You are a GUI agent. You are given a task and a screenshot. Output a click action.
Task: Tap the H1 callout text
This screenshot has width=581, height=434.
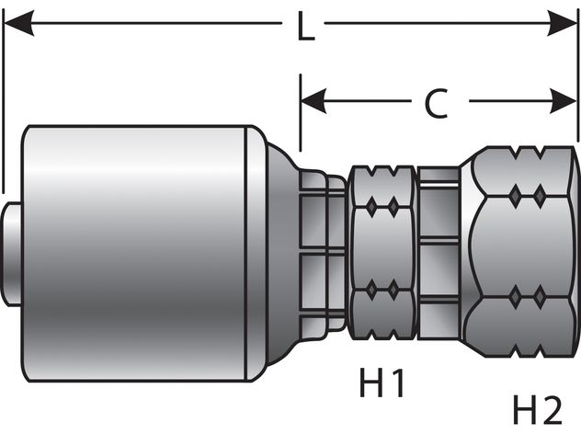click(x=381, y=382)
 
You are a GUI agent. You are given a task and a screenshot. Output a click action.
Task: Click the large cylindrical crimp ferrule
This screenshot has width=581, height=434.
click(x=138, y=252)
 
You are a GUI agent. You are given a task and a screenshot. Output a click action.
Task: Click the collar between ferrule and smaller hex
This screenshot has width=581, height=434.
click(x=322, y=248)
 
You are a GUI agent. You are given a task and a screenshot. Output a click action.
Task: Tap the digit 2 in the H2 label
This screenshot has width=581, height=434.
click(x=553, y=406)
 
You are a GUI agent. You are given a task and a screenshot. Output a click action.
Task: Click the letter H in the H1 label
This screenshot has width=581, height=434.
click(x=370, y=382)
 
